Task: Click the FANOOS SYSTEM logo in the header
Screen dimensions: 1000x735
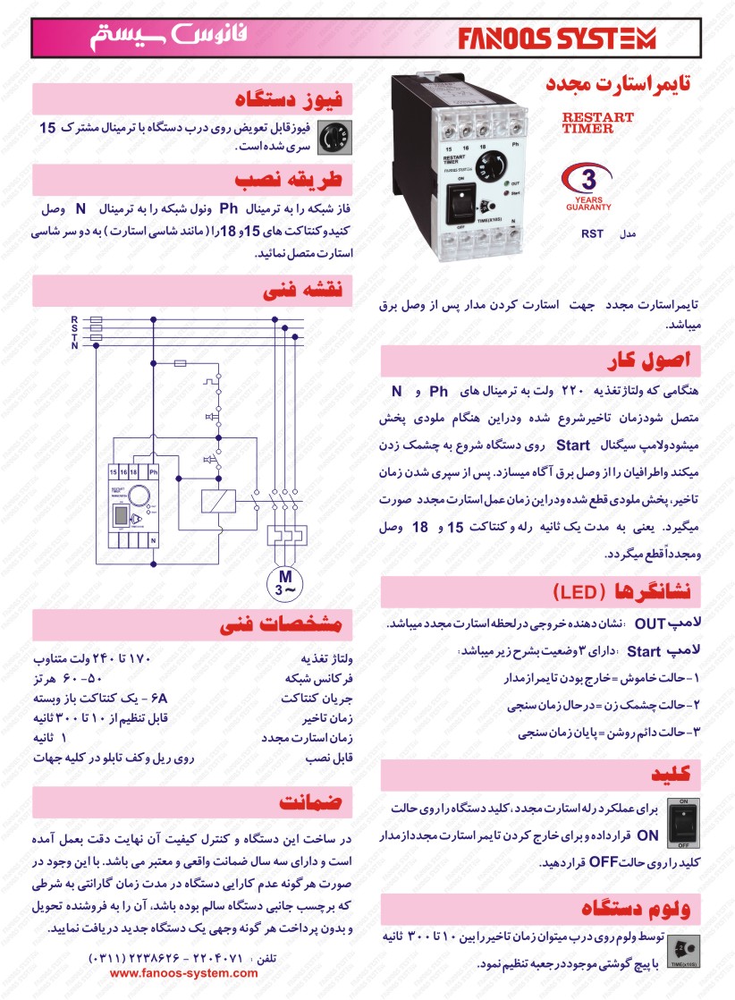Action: [x=558, y=38]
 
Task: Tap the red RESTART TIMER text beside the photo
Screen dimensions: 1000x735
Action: [x=597, y=123]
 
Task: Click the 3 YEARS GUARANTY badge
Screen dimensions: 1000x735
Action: [x=588, y=186]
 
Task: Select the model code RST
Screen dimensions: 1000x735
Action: [x=592, y=234]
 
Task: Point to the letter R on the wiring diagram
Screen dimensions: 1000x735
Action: [x=74, y=318]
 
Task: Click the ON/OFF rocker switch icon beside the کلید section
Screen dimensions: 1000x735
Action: [x=683, y=821]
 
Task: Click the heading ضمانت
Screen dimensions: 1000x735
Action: [x=311, y=800]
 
